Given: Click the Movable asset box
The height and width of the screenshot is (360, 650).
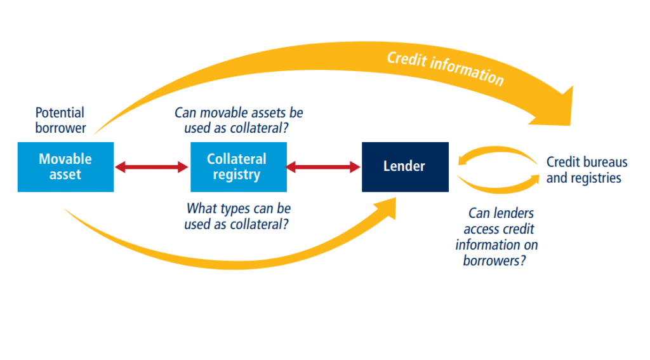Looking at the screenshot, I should [x=65, y=166].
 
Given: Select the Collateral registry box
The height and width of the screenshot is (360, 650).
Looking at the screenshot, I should [x=238, y=166].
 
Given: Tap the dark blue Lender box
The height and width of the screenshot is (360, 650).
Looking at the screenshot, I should [x=404, y=166].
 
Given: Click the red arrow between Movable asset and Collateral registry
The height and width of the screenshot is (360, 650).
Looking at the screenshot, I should [x=152, y=167].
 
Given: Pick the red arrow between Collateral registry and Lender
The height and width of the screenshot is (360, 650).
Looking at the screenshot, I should [x=324, y=167].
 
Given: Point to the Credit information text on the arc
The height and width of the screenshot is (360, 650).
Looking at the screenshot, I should [x=445, y=68].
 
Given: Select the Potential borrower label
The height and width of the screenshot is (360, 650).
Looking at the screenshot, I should [x=60, y=121].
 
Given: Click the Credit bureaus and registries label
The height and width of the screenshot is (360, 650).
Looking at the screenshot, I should [x=587, y=170].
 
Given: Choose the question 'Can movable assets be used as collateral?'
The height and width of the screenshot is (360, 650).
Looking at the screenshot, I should [x=239, y=121].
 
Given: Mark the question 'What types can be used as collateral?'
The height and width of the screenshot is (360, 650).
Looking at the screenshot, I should [x=239, y=216].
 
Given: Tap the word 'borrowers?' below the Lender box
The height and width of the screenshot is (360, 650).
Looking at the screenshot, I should [x=494, y=260].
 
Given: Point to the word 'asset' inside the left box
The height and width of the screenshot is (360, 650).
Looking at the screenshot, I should [x=65, y=175].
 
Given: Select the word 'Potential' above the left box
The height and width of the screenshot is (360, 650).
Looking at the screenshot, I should [x=60, y=113].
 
